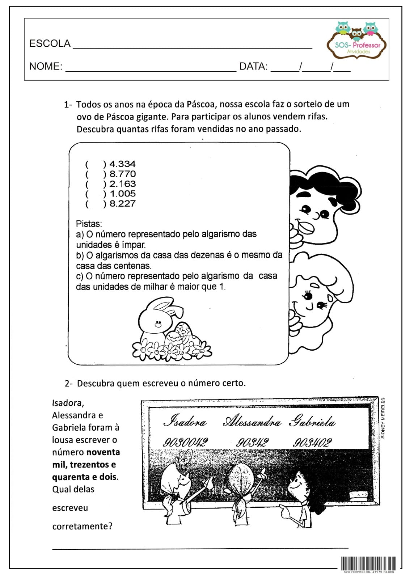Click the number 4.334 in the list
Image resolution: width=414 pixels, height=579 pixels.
click(x=122, y=164)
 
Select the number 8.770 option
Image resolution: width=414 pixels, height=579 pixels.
click(x=122, y=174)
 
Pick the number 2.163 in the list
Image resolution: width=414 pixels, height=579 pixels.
click(x=122, y=183)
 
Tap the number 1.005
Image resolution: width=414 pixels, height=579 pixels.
click(x=122, y=193)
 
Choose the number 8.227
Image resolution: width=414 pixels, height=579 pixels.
click(x=122, y=203)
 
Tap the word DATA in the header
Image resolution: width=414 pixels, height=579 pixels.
click(x=253, y=67)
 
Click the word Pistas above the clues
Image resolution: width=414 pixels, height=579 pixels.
click(x=89, y=224)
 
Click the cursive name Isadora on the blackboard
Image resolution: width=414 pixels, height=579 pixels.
click(x=185, y=422)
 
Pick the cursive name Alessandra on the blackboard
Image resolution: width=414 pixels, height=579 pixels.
click(x=252, y=422)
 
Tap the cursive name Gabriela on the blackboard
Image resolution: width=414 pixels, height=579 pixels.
click(x=312, y=422)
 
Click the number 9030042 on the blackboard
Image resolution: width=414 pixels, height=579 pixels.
click(x=185, y=442)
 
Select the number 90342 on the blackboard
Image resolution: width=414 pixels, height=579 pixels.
click(x=252, y=442)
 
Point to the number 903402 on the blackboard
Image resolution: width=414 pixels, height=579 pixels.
click(x=312, y=442)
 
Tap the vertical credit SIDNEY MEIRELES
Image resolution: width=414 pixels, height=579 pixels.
click(x=383, y=418)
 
